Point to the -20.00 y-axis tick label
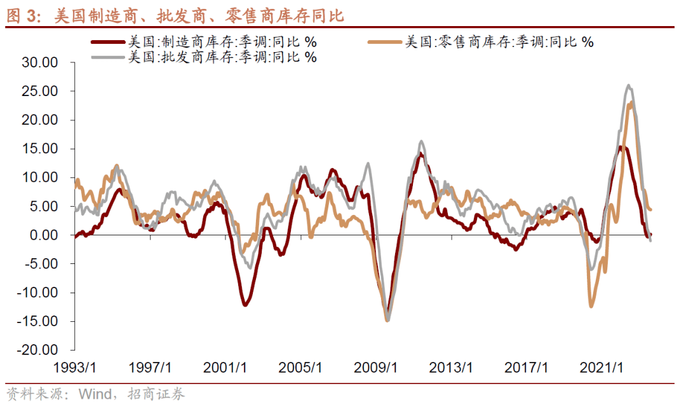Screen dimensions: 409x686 coord(39,350)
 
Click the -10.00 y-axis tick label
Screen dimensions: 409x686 coord(39,293)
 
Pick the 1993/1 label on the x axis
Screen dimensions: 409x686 coord(74,368)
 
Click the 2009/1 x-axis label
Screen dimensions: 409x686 coord(375,368)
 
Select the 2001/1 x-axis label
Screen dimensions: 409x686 coord(225,368)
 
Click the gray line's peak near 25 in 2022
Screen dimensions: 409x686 coord(629,85)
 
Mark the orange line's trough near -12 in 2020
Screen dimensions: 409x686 coord(591,307)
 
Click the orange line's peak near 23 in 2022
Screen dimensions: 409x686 coord(631,102)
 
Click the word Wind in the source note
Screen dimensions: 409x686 coord(93,394)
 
